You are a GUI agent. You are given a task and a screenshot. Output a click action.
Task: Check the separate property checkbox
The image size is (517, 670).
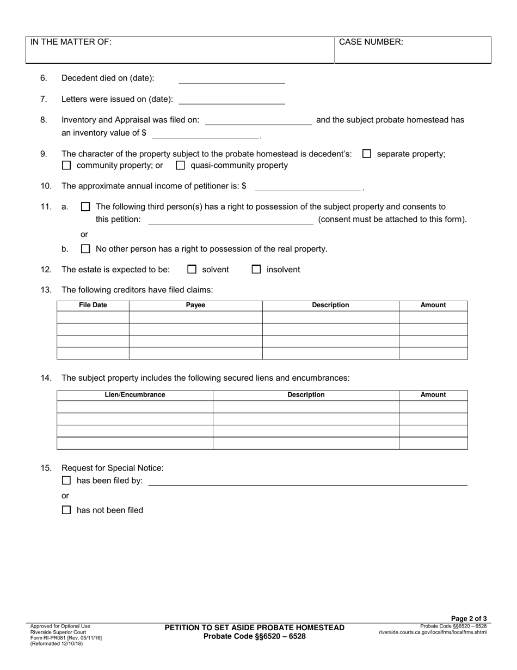[x=367, y=154]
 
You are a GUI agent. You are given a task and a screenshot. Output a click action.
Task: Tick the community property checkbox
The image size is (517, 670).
[x=66, y=166]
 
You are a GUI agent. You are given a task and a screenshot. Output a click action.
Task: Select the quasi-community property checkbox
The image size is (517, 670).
[x=181, y=166]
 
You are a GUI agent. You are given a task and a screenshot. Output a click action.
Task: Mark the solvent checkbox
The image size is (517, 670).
[x=192, y=270]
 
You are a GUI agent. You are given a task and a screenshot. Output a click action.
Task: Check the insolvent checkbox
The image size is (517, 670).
[x=256, y=270]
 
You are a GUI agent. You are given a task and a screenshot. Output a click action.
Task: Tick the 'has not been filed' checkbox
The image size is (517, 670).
[x=66, y=510]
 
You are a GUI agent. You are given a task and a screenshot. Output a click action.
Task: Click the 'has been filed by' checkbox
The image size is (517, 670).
[x=66, y=481]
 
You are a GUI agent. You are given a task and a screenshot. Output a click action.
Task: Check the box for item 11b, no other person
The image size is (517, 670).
[x=85, y=249]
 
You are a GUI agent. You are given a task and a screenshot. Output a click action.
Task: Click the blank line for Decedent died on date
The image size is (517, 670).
[x=232, y=79]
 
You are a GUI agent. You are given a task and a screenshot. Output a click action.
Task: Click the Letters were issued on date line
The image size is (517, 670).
[x=232, y=100]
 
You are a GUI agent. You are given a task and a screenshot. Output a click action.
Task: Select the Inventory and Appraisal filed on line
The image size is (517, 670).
[x=258, y=120]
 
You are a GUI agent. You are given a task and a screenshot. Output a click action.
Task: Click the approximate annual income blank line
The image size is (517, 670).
[x=308, y=186]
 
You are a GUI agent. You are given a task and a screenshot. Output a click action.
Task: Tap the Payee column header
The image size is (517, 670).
[x=195, y=306]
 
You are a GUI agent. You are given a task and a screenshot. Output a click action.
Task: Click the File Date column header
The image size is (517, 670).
[x=93, y=306]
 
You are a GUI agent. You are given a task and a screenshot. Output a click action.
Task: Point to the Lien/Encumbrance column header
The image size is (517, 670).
[x=135, y=395]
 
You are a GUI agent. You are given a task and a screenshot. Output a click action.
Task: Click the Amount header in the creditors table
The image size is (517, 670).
[x=433, y=306]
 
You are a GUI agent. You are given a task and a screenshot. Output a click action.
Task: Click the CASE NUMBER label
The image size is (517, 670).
[x=371, y=42]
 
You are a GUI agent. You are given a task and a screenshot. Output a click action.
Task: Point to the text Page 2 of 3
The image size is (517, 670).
[x=469, y=618]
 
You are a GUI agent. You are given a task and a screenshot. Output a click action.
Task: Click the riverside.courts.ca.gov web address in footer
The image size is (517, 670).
[x=433, y=632]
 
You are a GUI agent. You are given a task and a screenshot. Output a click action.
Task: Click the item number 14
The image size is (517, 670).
[x=46, y=378]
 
